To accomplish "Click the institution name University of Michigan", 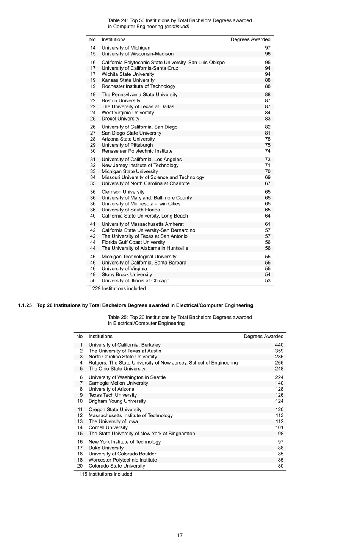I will point(126,48).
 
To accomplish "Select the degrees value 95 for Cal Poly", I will point(268,63).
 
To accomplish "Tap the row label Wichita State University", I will point(128,74).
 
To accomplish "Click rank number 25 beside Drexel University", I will point(93,119).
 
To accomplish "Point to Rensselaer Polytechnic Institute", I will point(137,151).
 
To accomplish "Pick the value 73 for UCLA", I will point(268,160).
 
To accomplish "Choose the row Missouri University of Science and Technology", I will point(153,177).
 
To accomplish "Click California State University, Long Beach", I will point(144,216).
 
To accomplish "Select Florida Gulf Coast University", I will point(133,242).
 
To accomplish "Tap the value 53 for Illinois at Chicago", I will point(268,281).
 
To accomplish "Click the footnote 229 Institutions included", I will point(119,289).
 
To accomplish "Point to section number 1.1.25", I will point(25,305).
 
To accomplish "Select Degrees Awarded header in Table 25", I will point(263,337).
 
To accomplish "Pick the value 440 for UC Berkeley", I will point(279,345).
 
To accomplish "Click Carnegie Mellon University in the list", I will point(118,383).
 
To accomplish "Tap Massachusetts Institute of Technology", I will point(130,416).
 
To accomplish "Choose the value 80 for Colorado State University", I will point(280,466).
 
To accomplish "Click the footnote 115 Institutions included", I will point(106,474).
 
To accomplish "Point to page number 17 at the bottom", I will point(180,535).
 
